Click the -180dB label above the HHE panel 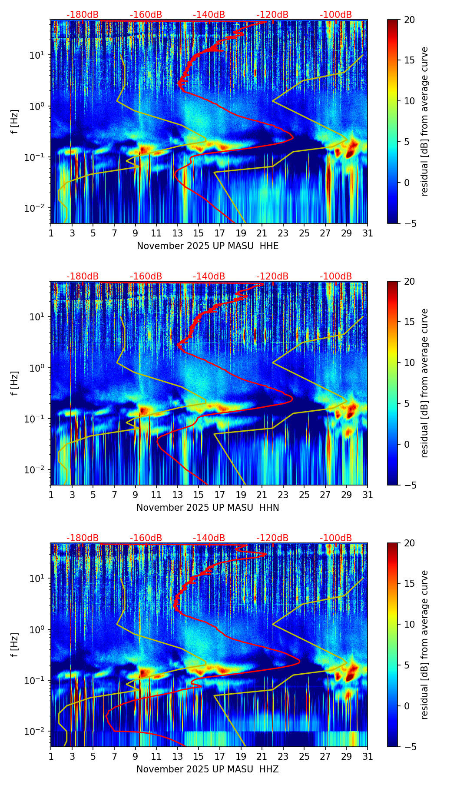coord(83,15)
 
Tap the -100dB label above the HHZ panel coord(336,538)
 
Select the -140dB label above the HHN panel coord(209,276)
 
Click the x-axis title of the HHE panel coord(208,246)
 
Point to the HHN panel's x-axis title coord(208,508)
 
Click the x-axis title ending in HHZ coord(208,769)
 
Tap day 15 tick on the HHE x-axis coord(199,233)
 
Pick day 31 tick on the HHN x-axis coord(368,495)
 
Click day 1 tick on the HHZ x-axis coord(51,756)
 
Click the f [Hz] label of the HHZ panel coord(15,645)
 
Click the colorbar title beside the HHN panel coord(424,383)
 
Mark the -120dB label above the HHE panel coord(272,15)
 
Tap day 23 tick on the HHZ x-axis coord(283,756)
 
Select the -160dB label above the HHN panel coord(146,276)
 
